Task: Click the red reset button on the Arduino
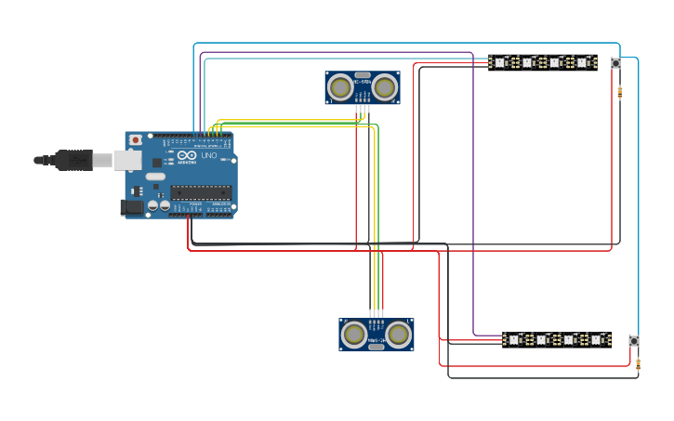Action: [x=136, y=139]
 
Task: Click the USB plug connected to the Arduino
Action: [x=74, y=160]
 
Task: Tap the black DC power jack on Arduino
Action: [x=133, y=208]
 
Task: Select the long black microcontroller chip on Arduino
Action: [x=200, y=192]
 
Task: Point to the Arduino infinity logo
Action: [x=187, y=155]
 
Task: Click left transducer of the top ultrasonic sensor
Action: [x=340, y=88]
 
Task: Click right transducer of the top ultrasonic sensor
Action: [x=385, y=88]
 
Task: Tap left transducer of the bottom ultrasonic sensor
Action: [x=354, y=335]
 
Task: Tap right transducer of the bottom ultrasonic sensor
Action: [x=399, y=335]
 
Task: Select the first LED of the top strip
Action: [x=499, y=62]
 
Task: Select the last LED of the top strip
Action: [x=583, y=62]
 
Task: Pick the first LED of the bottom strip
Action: [x=513, y=340]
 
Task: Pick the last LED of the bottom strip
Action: [x=597, y=340]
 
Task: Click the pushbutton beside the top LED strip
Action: [x=615, y=63]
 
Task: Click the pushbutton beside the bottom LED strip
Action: [x=634, y=341]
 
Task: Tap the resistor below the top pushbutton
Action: [x=620, y=91]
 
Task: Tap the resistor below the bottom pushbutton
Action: [x=638, y=366]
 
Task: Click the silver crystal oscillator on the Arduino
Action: [x=154, y=176]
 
